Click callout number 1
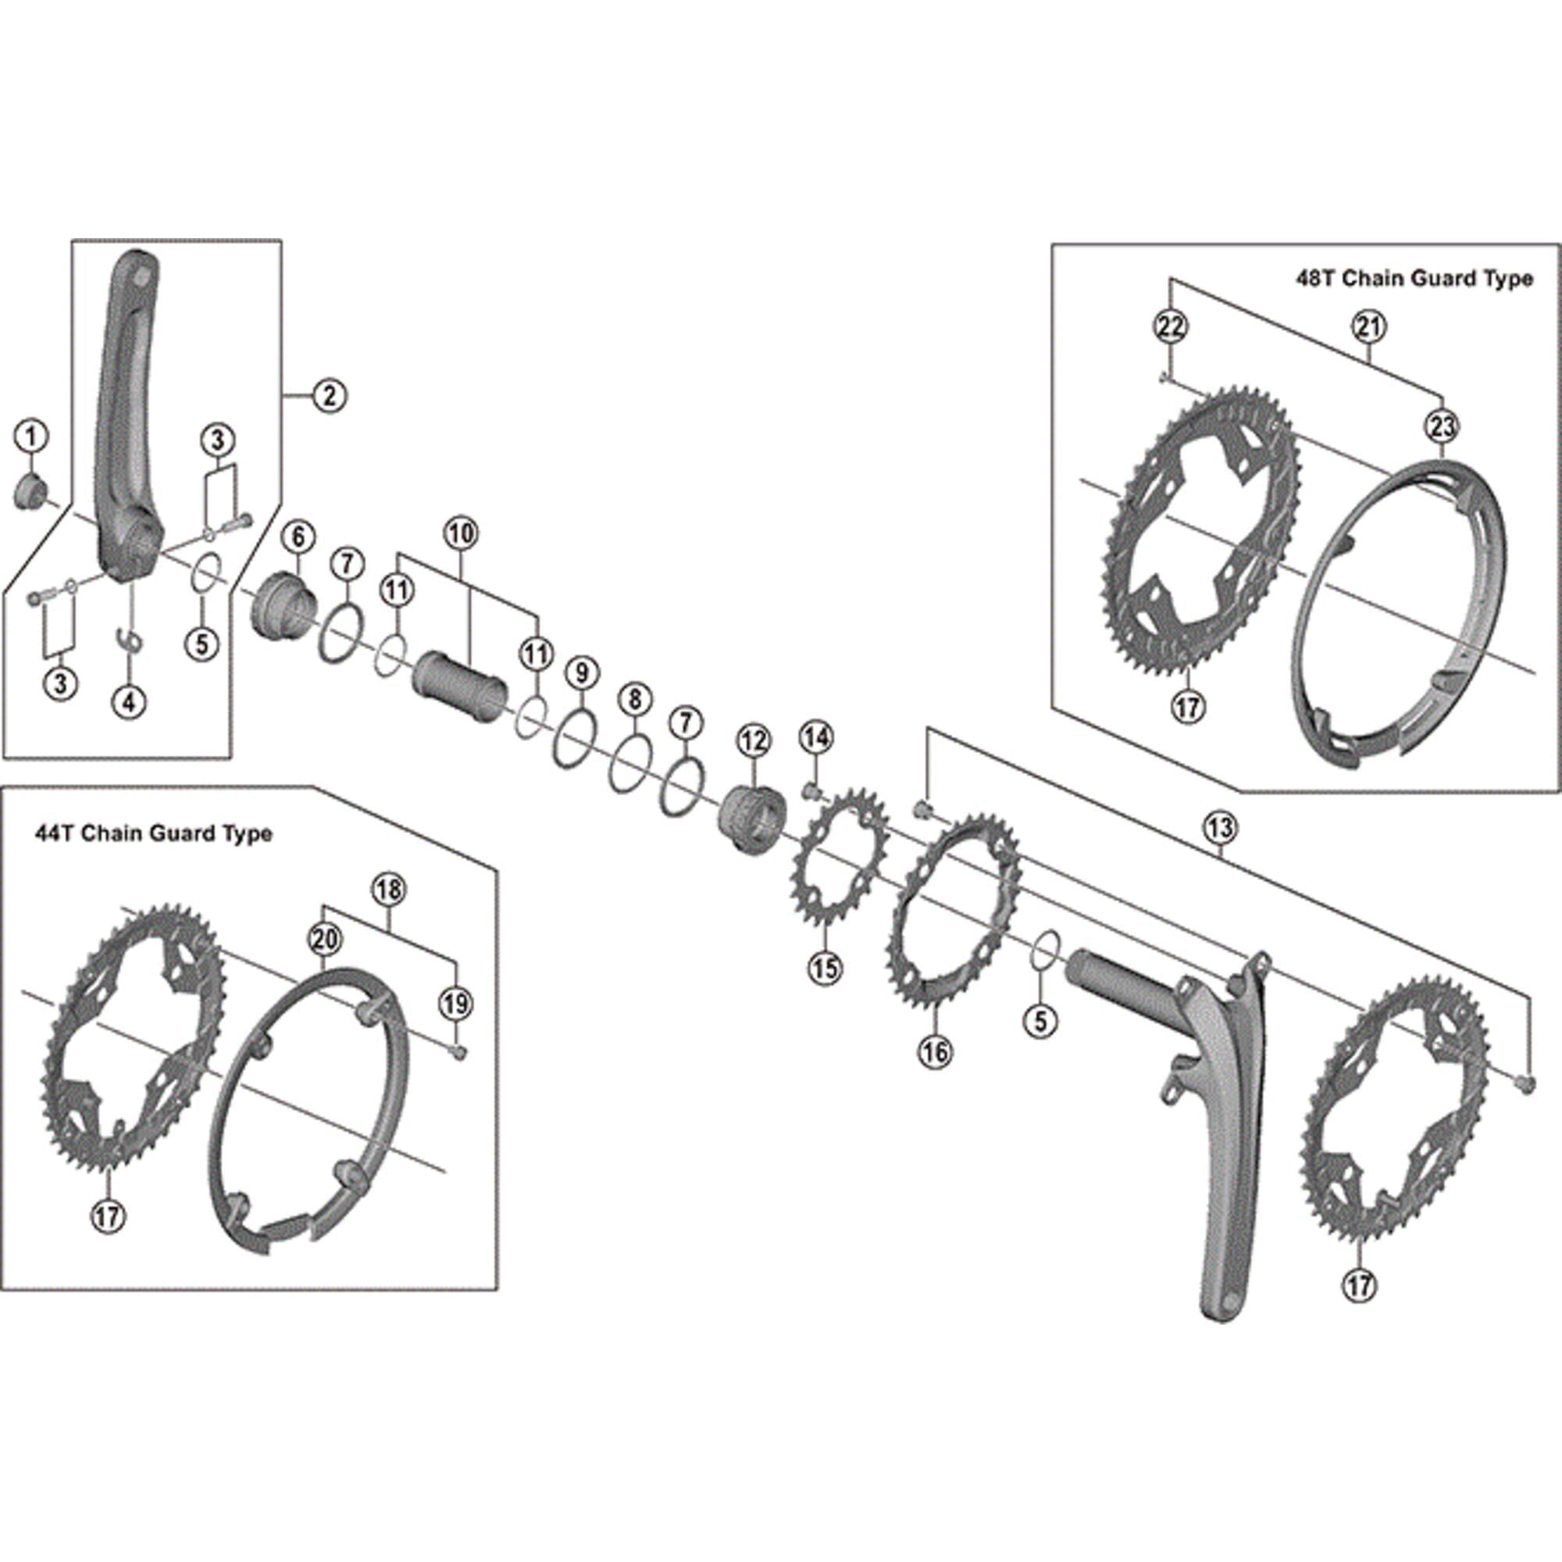(x=31, y=437)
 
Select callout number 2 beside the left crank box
(x=329, y=395)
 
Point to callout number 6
(x=298, y=536)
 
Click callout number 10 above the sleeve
(x=461, y=533)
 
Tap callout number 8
(x=635, y=697)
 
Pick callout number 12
(x=754, y=740)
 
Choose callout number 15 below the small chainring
(x=825, y=967)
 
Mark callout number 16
(x=935, y=1051)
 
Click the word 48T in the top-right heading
(x=1315, y=279)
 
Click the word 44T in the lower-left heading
(x=52, y=833)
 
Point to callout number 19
(x=455, y=1004)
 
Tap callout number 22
(x=1171, y=326)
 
